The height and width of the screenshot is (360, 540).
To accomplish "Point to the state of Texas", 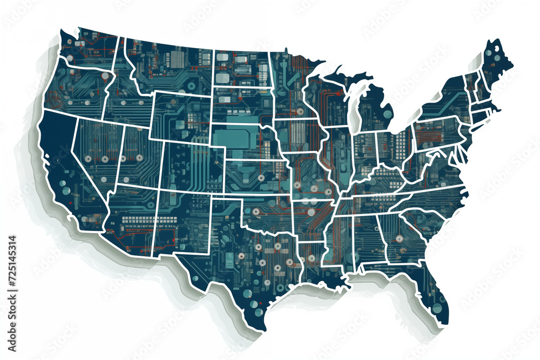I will [243, 259].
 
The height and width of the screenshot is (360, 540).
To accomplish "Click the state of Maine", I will [494, 62].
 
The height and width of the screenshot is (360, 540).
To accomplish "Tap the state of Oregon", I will [76, 89].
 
